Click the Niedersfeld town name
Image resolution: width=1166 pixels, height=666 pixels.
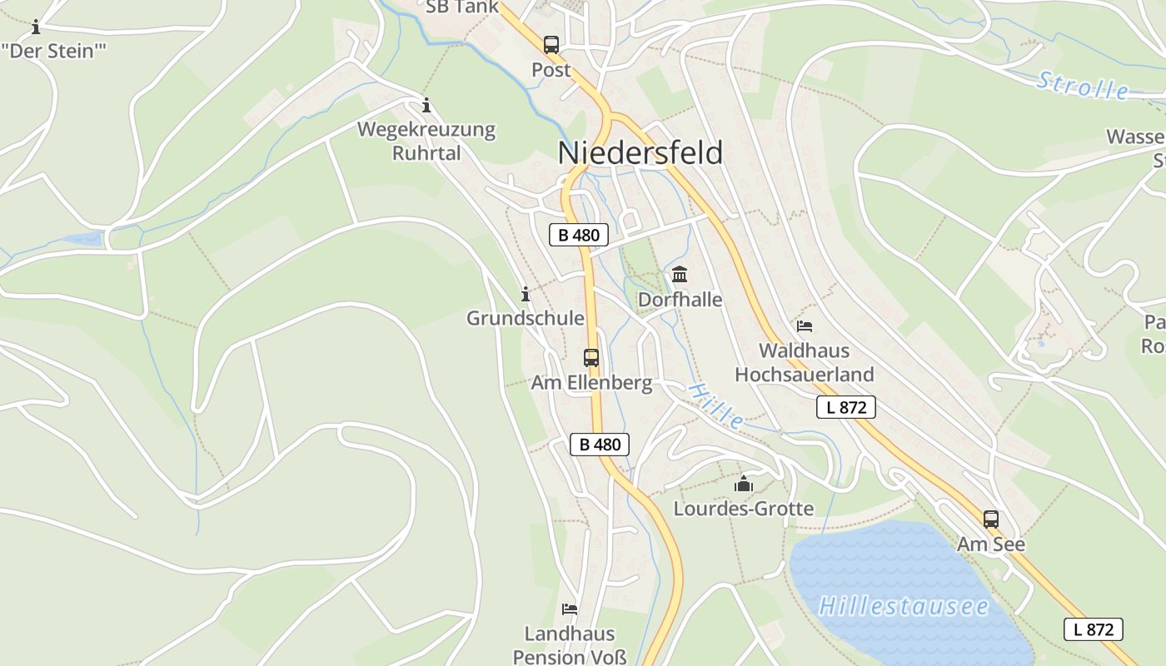pyautogui.click(x=640, y=153)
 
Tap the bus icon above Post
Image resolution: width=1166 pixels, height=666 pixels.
pyautogui.click(x=551, y=45)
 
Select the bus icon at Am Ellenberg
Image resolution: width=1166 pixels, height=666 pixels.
pyautogui.click(x=591, y=358)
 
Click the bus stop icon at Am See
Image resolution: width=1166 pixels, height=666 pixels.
pyautogui.click(x=990, y=519)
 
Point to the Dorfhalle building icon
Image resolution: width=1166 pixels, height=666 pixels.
pyautogui.click(x=680, y=274)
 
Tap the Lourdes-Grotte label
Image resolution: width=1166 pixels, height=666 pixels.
pyautogui.click(x=743, y=508)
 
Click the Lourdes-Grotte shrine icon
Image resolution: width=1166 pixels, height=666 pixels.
pyautogui.click(x=743, y=484)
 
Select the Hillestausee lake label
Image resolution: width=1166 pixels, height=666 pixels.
pyautogui.click(x=904, y=605)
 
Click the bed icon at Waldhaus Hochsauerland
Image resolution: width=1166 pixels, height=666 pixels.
pyautogui.click(x=804, y=326)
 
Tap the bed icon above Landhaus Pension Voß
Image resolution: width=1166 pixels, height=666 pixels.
pyautogui.click(x=570, y=609)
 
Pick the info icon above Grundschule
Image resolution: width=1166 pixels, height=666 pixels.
pyautogui.click(x=526, y=294)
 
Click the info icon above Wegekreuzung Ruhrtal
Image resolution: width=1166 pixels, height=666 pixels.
pyautogui.click(x=426, y=105)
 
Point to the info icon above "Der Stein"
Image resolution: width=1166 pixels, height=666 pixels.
pyautogui.click(x=36, y=27)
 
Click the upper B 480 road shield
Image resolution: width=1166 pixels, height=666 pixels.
pyautogui.click(x=579, y=235)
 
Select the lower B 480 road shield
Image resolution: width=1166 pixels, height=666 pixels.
pyautogui.click(x=600, y=444)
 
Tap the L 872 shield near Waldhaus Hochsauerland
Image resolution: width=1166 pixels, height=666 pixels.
pyautogui.click(x=846, y=407)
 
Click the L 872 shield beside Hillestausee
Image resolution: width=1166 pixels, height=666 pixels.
pyautogui.click(x=1094, y=629)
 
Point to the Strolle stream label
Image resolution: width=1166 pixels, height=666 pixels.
pyautogui.click(x=1083, y=86)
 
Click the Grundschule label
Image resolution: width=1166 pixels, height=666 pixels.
pyautogui.click(x=525, y=318)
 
